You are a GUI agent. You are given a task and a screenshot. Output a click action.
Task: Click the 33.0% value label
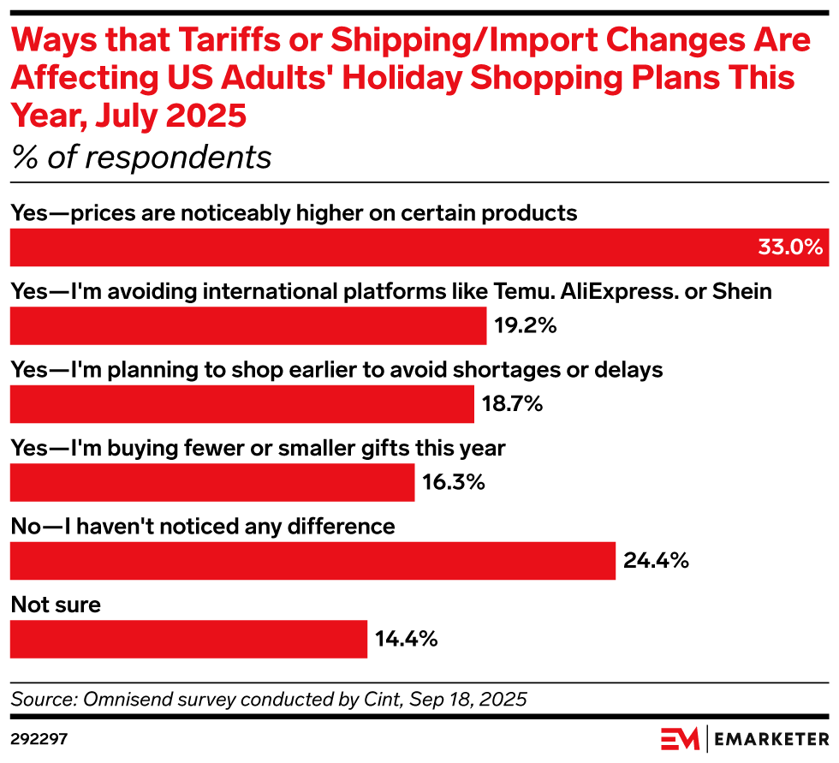coord(790,247)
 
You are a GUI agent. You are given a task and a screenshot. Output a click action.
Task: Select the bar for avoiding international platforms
coord(247,325)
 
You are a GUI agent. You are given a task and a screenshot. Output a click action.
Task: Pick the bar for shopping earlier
coord(241,404)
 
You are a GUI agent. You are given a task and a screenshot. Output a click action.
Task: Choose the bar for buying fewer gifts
coord(211,482)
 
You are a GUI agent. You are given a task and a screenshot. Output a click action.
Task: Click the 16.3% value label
coord(454,482)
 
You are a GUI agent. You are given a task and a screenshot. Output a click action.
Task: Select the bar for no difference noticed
coord(312,561)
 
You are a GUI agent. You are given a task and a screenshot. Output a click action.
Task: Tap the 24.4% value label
coord(656,561)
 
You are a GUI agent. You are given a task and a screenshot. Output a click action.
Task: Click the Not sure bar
coord(188,639)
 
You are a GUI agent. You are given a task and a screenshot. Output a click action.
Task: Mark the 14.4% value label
coord(407,639)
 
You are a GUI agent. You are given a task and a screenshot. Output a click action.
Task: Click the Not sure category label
coord(56,605)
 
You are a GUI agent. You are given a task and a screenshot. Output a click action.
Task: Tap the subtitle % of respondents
coord(140,158)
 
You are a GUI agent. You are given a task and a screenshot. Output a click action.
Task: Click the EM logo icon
coord(680,737)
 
